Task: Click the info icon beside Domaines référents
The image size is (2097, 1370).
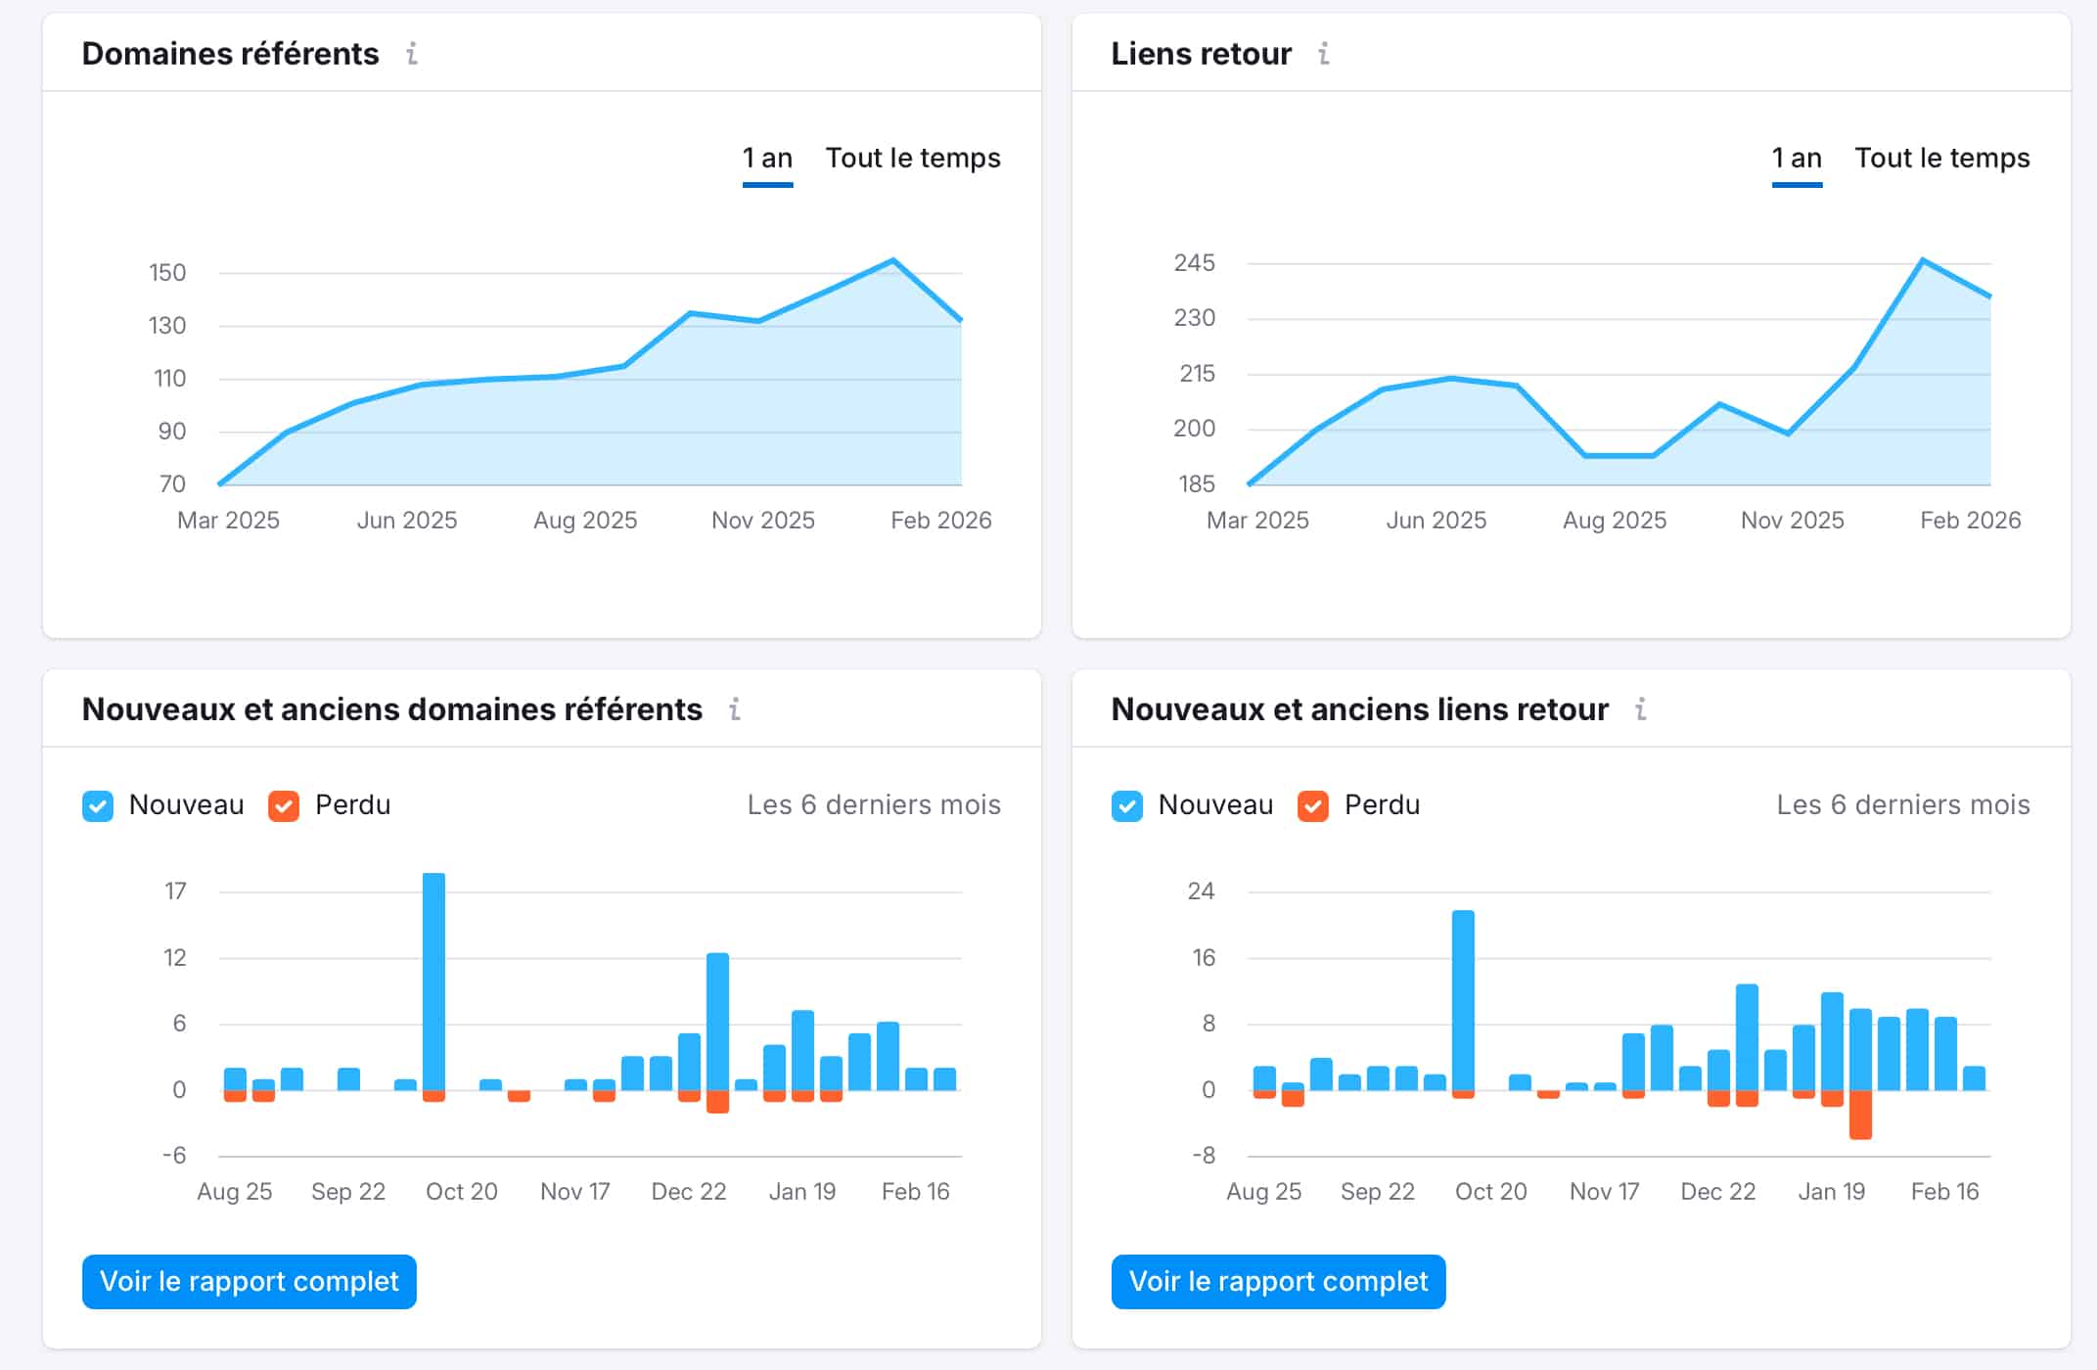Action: tap(412, 54)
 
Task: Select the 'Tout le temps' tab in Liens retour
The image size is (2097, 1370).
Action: tap(1941, 159)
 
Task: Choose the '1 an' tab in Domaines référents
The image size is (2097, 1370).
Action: tap(767, 159)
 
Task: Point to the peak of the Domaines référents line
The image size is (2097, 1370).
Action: tap(893, 260)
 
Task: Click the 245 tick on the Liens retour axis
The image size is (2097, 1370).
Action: tap(1194, 263)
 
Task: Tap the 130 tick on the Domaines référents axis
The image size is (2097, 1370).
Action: tap(167, 326)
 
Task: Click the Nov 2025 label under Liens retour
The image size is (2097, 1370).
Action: tap(1792, 521)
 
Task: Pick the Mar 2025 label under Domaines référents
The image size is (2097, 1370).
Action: tap(228, 521)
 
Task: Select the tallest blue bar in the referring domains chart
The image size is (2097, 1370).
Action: tap(433, 979)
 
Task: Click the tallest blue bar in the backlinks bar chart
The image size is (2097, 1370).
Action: tap(1463, 998)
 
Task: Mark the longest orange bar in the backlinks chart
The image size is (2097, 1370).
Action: tap(1860, 1115)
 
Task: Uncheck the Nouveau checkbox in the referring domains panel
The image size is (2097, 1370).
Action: tap(98, 806)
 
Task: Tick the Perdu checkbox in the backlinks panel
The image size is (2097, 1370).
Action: tap(1312, 806)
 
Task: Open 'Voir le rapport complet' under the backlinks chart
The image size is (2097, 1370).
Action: tap(1278, 1281)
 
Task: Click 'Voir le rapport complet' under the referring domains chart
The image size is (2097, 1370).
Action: tap(250, 1281)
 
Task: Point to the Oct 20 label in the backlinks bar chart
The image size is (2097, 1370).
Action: tap(1490, 1192)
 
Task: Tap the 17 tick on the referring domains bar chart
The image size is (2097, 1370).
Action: tap(175, 891)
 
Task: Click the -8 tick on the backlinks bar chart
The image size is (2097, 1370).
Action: tap(1204, 1156)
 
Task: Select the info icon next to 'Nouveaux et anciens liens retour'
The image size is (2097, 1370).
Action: tap(1641, 709)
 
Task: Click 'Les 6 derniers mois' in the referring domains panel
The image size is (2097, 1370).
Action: tap(874, 805)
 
